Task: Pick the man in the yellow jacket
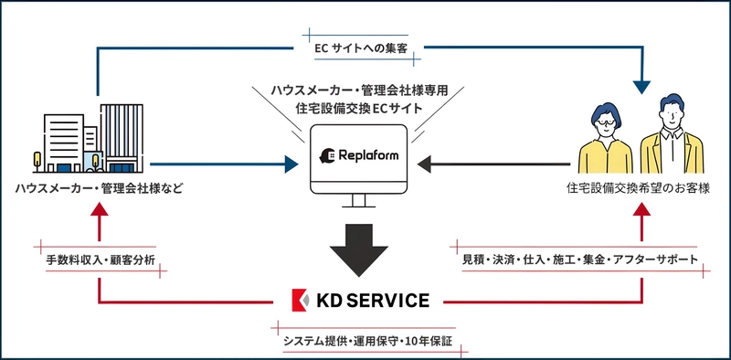673,137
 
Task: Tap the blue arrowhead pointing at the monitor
291,164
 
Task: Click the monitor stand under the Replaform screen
365,200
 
